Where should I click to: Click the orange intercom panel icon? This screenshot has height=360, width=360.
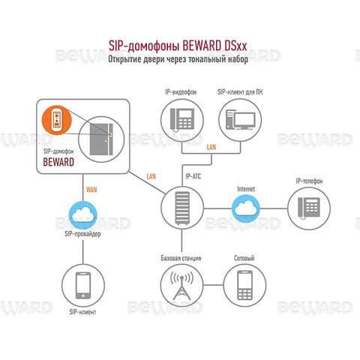[57, 120]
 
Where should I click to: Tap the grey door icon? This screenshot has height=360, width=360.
[101, 139]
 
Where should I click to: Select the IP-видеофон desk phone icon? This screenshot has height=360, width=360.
[182, 120]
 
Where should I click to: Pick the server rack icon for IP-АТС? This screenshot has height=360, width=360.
[182, 208]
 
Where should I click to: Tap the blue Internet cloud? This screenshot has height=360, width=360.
[245, 208]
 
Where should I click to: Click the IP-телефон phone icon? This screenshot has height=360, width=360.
[309, 208]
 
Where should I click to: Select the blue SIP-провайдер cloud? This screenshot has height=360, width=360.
[83, 214]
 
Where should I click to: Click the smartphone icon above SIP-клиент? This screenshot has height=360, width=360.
[83, 285]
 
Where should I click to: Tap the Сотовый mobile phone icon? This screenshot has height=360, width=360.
[244, 285]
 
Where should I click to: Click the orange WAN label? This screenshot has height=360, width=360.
[91, 190]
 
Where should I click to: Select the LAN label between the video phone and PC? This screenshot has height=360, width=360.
[211, 147]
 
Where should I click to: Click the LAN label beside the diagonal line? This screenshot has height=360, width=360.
[151, 176]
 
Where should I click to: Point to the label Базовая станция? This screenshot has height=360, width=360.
[181, 258]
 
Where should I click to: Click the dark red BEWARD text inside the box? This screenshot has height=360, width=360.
[58, 162]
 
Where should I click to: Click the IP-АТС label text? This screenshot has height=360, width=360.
[193, 176]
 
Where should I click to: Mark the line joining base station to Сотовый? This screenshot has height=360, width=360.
[213, 285]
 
